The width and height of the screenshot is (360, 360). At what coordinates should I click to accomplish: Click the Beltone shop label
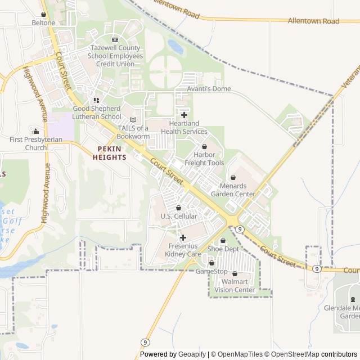click(43, 23)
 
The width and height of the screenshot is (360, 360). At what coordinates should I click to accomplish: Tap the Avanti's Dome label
click(209, 89)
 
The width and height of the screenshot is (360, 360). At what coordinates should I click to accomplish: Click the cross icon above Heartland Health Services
click(184, 115)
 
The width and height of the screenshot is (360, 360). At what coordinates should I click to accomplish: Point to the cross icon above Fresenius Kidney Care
click(183, 237)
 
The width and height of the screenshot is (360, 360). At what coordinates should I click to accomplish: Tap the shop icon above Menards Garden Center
click(233, 178)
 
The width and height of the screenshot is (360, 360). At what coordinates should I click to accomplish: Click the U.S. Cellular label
click(179, 216)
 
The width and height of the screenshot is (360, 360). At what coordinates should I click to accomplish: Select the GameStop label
click(211, 272)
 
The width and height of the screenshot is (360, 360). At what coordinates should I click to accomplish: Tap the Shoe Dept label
click(223, 249)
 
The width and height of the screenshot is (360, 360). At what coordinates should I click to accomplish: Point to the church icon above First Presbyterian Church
click(35, 130)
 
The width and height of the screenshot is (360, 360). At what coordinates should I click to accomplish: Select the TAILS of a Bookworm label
click(133, 132)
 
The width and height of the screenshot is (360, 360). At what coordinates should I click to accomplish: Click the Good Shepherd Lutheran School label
click(97, 112)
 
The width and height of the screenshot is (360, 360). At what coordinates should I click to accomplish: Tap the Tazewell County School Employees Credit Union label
click(115, 56)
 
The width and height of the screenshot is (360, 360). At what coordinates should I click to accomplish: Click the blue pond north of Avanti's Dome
click(175, 47)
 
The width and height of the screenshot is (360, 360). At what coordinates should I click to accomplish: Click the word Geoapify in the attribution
click(192, 354)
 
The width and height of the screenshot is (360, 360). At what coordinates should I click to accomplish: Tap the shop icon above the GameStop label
click(211, 263)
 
